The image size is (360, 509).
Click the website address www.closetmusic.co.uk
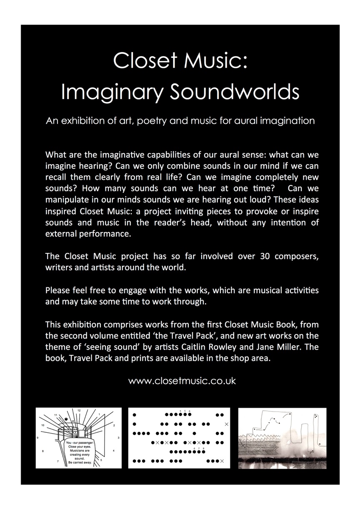[182, 381]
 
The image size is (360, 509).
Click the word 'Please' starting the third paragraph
[57, 290]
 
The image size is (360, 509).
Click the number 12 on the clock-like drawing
[79, 411]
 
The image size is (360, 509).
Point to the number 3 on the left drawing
[118, 438]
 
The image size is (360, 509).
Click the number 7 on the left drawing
[58, 462]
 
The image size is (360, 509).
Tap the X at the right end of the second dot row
[226, 424]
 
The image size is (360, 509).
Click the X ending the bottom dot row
[222, 461]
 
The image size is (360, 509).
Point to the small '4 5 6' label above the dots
[185, 411]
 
